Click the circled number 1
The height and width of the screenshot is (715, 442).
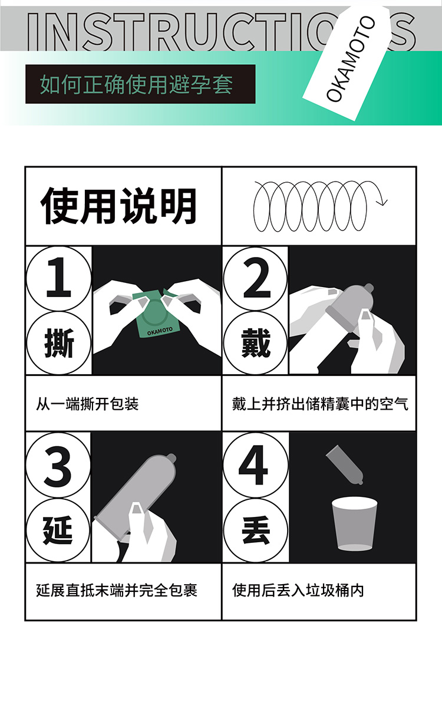click(58, 278)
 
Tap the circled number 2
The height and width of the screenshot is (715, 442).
click(255, 278)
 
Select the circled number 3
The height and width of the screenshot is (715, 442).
click(58, 466)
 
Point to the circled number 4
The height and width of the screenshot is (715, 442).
click(255, 466)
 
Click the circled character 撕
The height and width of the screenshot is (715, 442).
click(58, 343)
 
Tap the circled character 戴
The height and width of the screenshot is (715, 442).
click(255, 343)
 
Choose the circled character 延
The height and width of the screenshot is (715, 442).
click(58, 530)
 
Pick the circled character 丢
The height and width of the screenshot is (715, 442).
click(255, 530)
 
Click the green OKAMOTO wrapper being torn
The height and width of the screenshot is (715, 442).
click(156, 314)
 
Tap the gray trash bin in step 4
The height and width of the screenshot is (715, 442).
click(354, 524)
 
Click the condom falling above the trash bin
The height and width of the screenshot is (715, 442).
click(345, 465)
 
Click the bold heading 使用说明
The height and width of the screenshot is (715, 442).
click(118, 206)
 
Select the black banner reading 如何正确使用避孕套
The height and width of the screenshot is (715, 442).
click(140, 84)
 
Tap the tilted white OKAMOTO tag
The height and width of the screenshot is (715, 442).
click(348, 62)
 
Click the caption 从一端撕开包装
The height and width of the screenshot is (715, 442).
click(87, 404)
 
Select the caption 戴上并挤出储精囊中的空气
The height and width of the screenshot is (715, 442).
click(320, 404)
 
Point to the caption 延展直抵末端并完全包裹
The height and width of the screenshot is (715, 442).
click(117, 590)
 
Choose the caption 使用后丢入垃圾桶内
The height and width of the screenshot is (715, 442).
click(298, 590)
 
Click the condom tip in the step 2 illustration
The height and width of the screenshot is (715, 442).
click(369, 288)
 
